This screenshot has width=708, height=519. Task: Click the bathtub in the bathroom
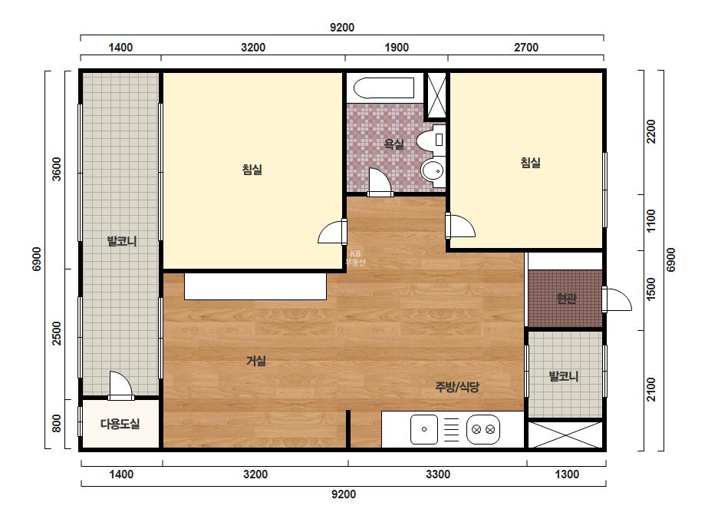(384, 88)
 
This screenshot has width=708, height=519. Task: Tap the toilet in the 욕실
(430, 140)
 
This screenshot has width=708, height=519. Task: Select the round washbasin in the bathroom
(433, 171)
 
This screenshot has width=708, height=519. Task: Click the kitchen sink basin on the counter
(424, 429)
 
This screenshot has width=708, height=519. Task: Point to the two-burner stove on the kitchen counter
(483, 429)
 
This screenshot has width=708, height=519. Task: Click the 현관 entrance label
(566, 299)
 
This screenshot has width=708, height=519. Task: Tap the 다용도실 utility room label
(120, 424)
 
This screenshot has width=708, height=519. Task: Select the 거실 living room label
(256, 361)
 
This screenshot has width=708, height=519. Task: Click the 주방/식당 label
(457, 387)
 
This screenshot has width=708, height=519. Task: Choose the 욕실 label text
(394, 144)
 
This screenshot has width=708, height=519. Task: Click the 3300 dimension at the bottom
(438, 474)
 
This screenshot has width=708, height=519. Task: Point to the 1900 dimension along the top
(397, 48)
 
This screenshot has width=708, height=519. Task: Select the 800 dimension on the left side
(57, 424)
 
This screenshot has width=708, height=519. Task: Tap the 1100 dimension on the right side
(650, 221)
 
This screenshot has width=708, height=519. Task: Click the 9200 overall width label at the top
(342, 28)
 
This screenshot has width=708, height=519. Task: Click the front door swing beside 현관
(617, 299)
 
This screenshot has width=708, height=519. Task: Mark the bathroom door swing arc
(379, 182)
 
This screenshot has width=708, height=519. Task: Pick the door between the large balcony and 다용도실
(120, 385)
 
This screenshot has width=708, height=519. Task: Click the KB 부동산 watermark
(355, 258)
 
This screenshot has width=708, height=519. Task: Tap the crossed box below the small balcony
(565, 435)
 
